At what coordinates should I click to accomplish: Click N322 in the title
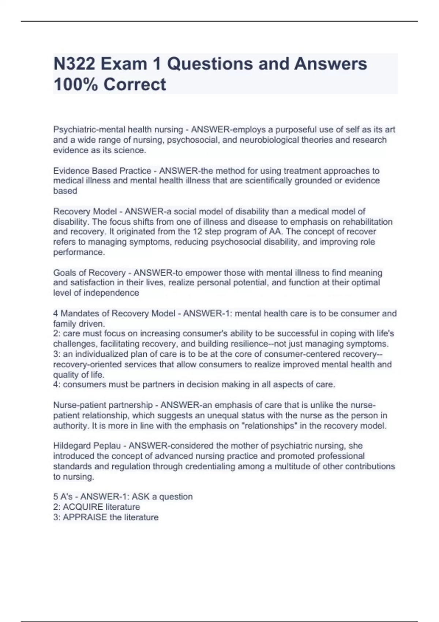pyautogui.click(x=74, y=64)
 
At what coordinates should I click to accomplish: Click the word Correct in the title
pyautogui.click(x=135, y=85)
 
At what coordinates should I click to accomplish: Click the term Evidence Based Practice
pyautogui.click(x=102, y=171)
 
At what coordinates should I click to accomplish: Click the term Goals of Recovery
pyautogui.click(x=89, y=273)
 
